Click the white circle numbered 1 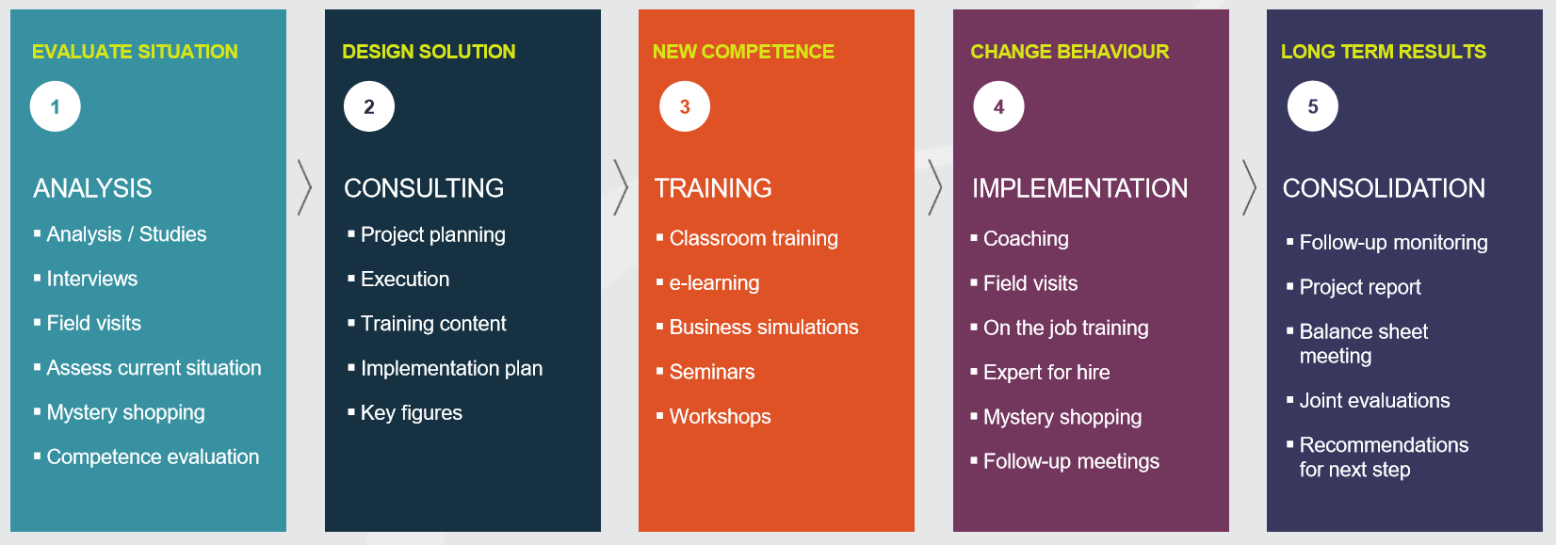[x=55, y=106]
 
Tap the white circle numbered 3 [x=684, y=106]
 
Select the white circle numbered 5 [x=1312, y=106]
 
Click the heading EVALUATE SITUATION [x=135, y=52]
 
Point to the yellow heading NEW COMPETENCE [x=743, y=52]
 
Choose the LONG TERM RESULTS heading [x=1383, y=52]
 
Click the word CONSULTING [x=424, y=188]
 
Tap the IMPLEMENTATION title [x=1079, y=188]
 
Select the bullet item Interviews [x=91, y=279]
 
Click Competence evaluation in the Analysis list [x=153, y=457]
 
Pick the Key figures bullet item [x=412, y=412]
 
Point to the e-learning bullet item [x=714, y=283]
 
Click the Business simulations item [x=764, y=327]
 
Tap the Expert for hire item [x=1046, y=372]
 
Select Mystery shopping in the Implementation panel [x=1062, y=417]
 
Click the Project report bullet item [x=1360, y=287]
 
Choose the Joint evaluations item [x=1375, y=401]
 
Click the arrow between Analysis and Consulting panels [x=304, y=187]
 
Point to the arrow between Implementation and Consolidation [x=1249, y=187]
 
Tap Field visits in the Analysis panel [x=94, y=323]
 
